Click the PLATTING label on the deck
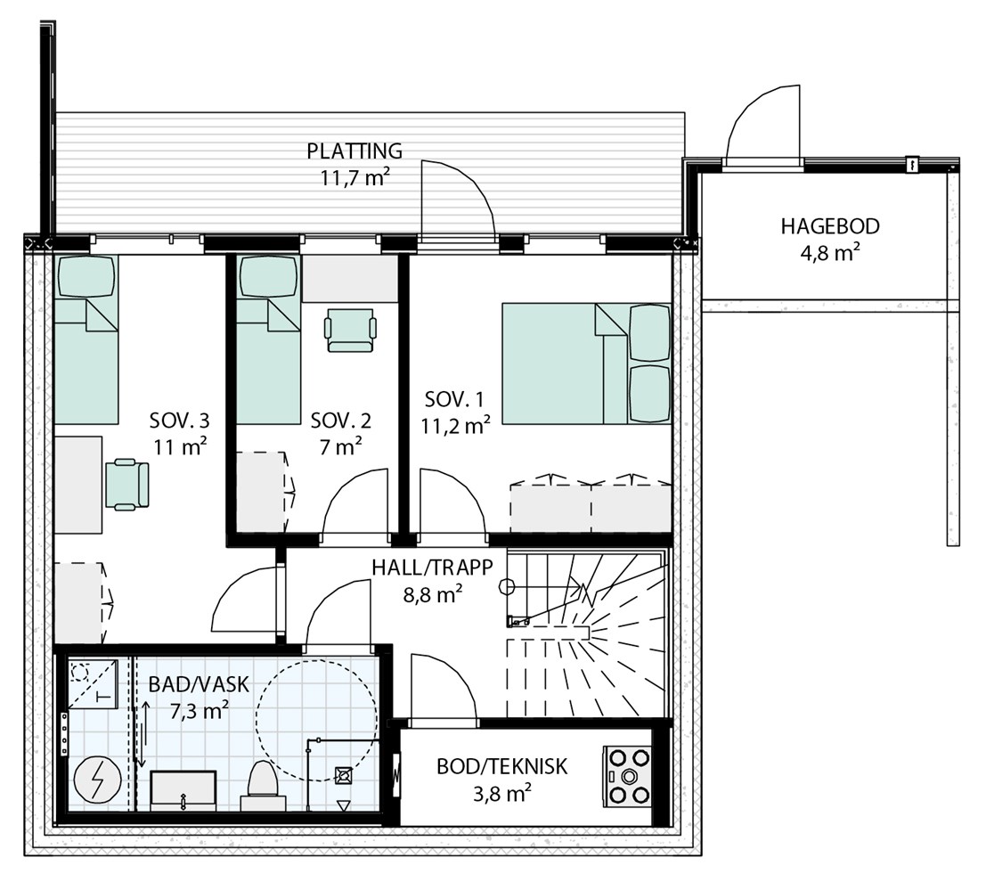[x=354, y=151]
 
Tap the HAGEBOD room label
[x=830, y=226]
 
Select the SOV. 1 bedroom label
[x=455, y=399]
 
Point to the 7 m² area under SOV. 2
[x=341, y=446]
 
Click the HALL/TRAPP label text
[x=433, y=568]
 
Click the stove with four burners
[x=627, y=776]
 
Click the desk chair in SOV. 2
[x=350, y=330]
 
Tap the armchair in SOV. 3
[x=127, y=483]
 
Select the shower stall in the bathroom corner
[x=93, y=683]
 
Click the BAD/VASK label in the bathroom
[x=199, y=684]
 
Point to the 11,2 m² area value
[x=455, y=427]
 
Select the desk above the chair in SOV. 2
[x=350, y=279]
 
